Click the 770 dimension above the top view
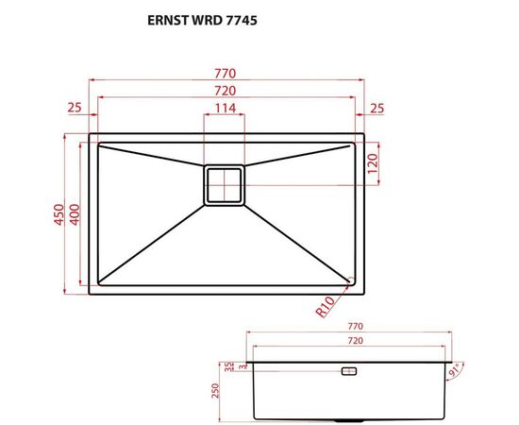225,73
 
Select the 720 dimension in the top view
225,91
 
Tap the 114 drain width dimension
225,109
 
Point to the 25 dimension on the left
75,108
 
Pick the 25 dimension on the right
377,108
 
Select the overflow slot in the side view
347,372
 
